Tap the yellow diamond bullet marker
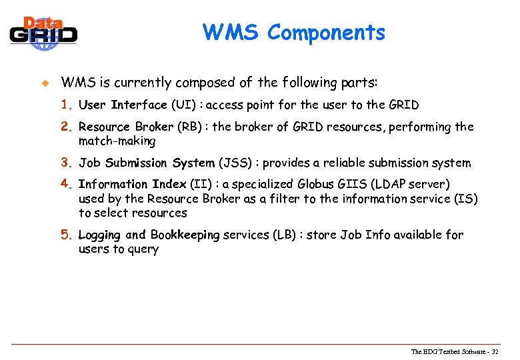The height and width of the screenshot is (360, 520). pos(45,83)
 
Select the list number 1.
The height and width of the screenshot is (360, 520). pos(66,105)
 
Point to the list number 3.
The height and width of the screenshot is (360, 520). pos(66,163)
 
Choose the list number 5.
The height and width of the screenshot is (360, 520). pos(66,235)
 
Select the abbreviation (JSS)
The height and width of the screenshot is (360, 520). pos(235,163)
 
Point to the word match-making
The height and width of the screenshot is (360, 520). pos(117,141)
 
